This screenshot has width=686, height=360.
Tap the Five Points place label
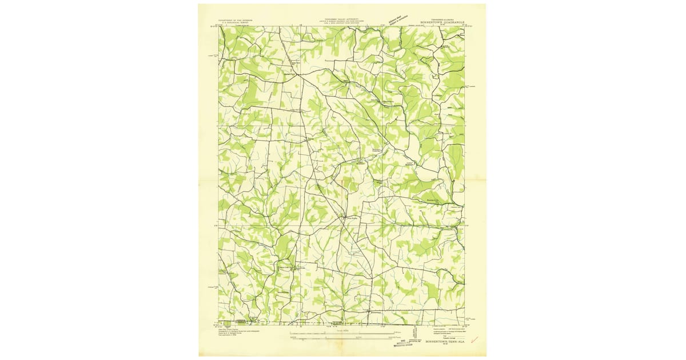(x=351, y=217)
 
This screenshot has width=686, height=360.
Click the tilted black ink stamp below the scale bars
(x=409, y=341)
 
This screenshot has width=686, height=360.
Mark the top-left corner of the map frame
(x=218, y=26)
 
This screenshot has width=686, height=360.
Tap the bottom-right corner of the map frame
(x=464, y=325)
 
